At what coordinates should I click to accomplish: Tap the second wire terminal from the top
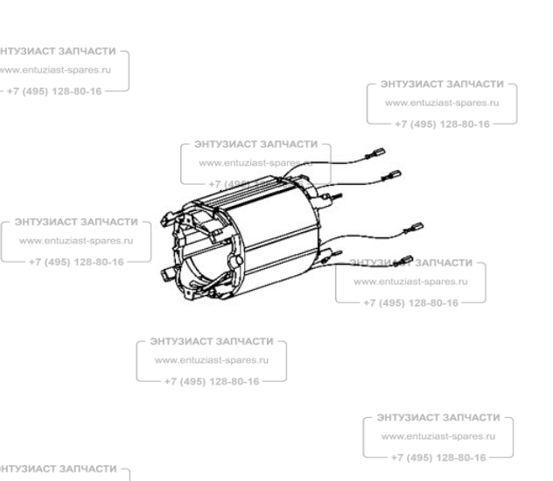[x=394, y=174]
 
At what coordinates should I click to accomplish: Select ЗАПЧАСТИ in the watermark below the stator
[x=241, y=340]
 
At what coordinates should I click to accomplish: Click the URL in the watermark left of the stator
[x=74, y=240]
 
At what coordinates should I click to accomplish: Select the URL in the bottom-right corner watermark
[x=438, y=436]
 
